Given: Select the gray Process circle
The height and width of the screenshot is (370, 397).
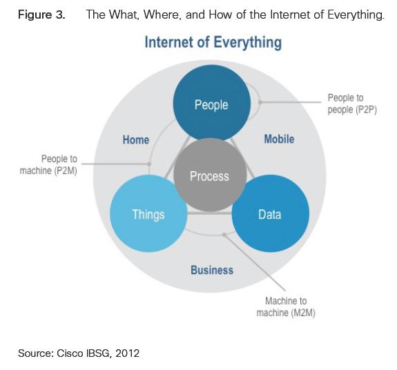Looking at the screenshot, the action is pyautogui.click(x=210, y=175).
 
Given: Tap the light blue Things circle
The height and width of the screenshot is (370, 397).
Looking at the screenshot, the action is pyautogui.click(x=149, y=213).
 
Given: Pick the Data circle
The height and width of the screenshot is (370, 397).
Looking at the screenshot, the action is pyautogui.click(x=271, y=213).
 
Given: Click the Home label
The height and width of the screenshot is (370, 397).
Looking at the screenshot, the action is pyautogui.click(x=136, y=139).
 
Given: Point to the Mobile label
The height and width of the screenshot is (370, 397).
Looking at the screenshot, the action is pyautogui.click(x=279, y=139).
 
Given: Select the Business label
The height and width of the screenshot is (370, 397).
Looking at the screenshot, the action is pyautogui.click(x=212, y=270).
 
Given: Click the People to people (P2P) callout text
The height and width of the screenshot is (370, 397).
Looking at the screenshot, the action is pyautogui.click(x=352, y=104).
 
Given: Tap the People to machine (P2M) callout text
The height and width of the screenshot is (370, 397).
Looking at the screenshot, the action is pyautogui.click(x=48, y=165).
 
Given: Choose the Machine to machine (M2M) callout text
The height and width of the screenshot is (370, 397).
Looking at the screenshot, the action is pyautogui.click(x=286, y=306).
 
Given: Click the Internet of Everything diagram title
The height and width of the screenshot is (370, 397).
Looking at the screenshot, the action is pyautogui.click(x=213, y=42).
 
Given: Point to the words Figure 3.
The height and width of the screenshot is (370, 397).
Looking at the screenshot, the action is pyautogui.click(x=41, y=14).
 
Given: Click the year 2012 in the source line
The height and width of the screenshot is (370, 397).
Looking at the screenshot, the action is pyautogui.click(x=127, y=353).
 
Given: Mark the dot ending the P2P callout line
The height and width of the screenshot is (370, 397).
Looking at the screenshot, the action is pyautogui.click(x=260, y=102).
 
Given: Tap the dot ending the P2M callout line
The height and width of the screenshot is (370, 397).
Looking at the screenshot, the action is pyautogui.click(x=149, y=164).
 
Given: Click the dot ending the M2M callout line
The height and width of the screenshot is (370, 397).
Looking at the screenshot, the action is pyautogui.click(x=224, y=235).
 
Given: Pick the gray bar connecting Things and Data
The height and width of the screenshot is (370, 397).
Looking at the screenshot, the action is pyautogui.click(x=210, y=213).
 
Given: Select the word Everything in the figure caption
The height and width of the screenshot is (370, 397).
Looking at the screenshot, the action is pyautogui.click(x=356, y=14).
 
